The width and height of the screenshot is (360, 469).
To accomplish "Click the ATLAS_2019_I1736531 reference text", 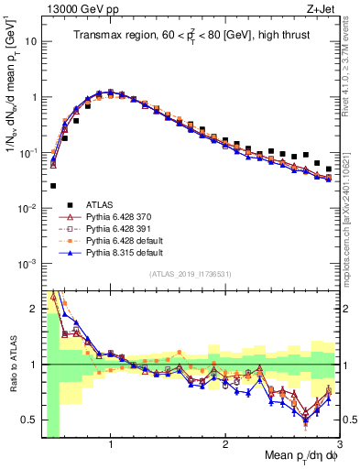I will tap(190, 274).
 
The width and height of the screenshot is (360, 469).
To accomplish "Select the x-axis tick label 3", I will tap(339, 445).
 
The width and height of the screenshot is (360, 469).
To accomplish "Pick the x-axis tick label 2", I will tap(224, 445).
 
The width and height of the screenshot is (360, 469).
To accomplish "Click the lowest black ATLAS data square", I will tap(53, 186).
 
